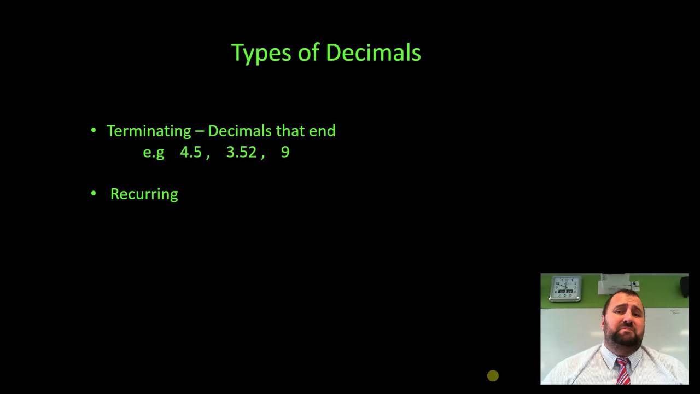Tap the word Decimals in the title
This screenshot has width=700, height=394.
(x=373, y=53)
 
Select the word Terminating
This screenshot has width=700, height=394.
(x=149, y=131)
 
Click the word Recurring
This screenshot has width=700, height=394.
(x=144, y=194)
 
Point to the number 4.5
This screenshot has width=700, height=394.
(x=191, y=152)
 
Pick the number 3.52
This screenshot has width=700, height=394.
(x=241, y=152)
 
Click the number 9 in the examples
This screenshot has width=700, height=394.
(x=285, y=152)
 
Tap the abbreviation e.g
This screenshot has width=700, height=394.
(x=154, y=153)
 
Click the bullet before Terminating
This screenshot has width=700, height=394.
(x=94, y=130)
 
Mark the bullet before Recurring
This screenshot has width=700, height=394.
(x=94, y=193)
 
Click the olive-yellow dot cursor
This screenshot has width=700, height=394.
(x=493, y=375)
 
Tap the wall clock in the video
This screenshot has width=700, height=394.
(x=566, y=288)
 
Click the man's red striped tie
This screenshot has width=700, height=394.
(x=622, y=370)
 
